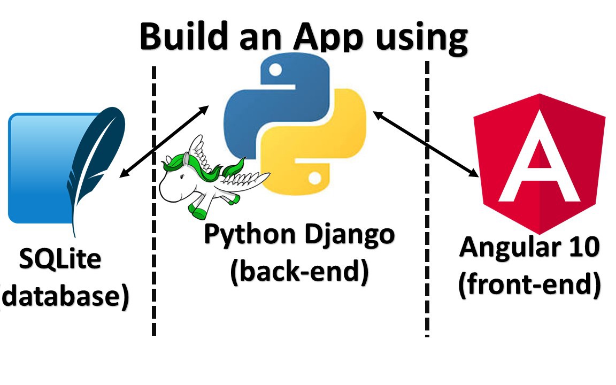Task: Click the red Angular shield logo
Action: pyautogui.click(x=539, y=160)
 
